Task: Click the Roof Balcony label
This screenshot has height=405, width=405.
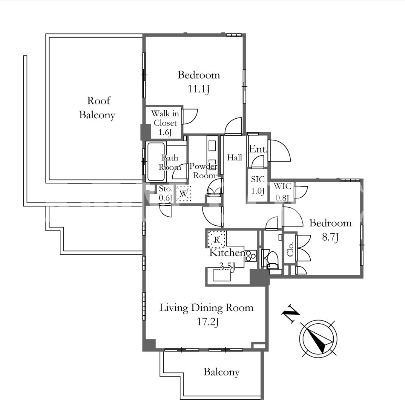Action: click(x=98, y=108)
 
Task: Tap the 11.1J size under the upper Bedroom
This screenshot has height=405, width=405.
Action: click(x=199, y=89)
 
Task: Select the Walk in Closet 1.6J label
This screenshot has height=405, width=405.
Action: click(x=165, y=123)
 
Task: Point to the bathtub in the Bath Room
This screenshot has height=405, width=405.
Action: click(x=156, y=161)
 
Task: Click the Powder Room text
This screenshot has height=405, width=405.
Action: click(x=203, y=171)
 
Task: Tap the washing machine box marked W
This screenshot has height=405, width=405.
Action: click(x=183, y=193)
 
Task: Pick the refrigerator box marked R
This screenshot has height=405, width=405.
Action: click(x=217, y=239)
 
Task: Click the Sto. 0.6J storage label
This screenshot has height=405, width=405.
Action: click(x=166, y=193)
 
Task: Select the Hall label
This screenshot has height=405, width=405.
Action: click(x=234, y=157)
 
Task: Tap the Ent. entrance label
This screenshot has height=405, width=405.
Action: click(x=258, y=149)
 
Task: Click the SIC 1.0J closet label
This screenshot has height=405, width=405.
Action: click(x=258, y=185)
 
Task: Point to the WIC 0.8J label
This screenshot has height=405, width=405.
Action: click(x=282, y=192)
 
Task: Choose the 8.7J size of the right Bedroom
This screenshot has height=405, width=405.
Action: click(x=330, y=237)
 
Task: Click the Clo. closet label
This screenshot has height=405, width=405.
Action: click(x=290, y=249)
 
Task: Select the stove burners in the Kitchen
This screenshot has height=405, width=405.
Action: click(x=250, y=256)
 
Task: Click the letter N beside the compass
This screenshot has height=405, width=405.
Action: click(x=290, y=314)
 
